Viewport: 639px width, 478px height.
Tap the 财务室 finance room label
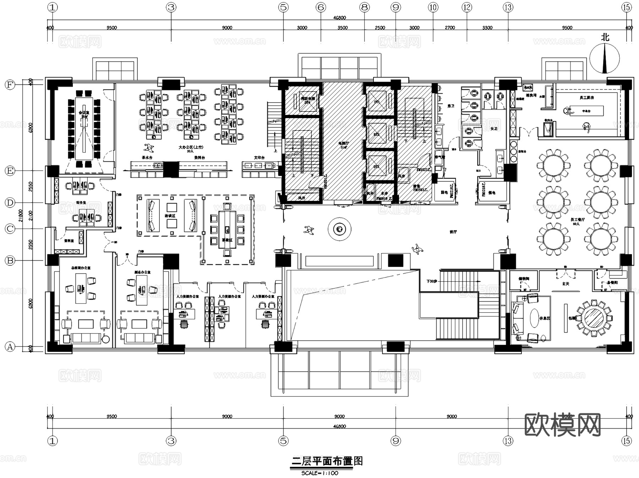pyautogui.click(x=81, y=202)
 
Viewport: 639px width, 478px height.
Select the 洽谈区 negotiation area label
pyautogui.click(x=170, y=216)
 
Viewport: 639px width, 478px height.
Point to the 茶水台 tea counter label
pyautogui.click(x=147, y=158)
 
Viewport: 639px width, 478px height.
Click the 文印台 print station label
pyautogui.click(x=259, y=158)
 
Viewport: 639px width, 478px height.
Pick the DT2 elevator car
pyautogui.click(x=377, y=134)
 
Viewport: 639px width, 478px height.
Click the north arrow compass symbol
pyautogui.click(x=605, y=58)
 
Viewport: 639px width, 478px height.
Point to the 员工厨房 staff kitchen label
pyautogui.click(x=586, y=97)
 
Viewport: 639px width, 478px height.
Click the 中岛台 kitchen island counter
pyautogui.click(x=586, y=111)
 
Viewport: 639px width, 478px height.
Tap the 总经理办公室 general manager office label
pyautogui.click(x=81, y=268)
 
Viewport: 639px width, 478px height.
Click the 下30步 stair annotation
pyautogui.click(x=431, y=281)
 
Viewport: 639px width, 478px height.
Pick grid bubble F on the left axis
pyautogui.click(x=10, y=85)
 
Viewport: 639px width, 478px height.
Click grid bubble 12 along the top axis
pyautogui.click(x=466, y=7)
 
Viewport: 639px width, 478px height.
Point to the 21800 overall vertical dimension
pyautogui.click(x=21, y=215)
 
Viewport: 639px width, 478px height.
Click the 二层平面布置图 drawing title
pyautogui.click(x=327, y=461)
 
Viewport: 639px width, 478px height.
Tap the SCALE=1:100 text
pyautogui.click(x=319, y=473)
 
